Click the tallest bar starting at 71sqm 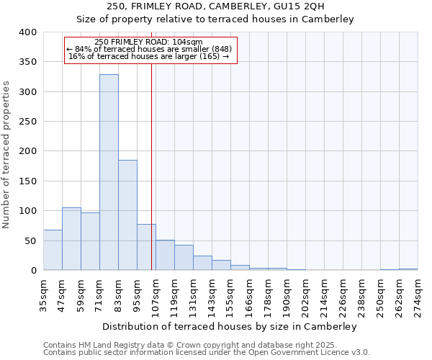(109, 173)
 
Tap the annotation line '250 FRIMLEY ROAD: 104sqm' (148, 42)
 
